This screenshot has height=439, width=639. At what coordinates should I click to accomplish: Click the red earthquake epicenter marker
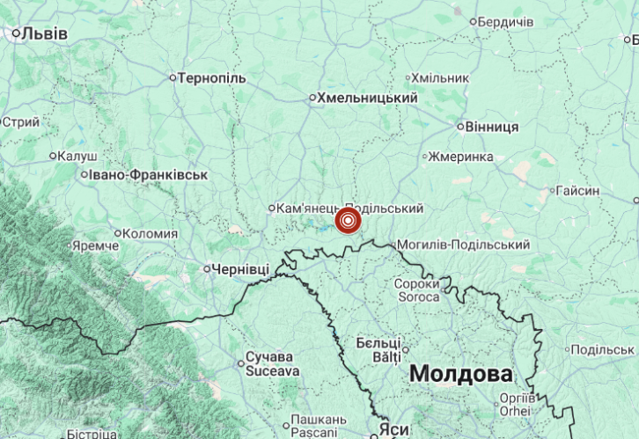(349, 220)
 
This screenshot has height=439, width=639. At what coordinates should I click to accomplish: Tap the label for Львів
(44, 33)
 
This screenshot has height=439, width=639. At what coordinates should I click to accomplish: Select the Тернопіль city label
(212, 78)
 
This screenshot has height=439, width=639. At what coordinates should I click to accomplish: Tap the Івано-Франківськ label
(149, 175)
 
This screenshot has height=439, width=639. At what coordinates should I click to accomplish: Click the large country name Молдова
(461, 374)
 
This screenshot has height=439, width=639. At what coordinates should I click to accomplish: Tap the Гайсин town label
(578, 190)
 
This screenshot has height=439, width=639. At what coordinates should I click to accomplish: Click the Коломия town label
(150, 234)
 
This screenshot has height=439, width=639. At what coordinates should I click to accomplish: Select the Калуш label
(77, 156)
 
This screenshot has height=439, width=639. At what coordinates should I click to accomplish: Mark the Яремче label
(96, 245)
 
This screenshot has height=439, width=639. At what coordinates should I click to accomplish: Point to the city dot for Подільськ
(564, 349)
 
